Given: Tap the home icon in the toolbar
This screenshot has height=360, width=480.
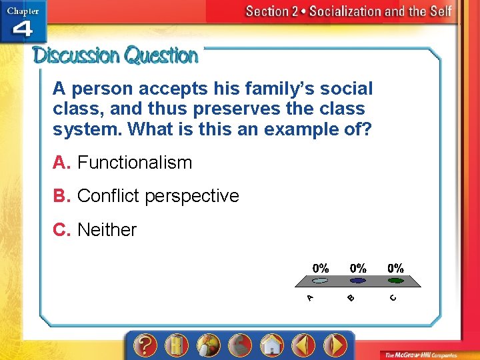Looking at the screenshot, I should tap(272, 345).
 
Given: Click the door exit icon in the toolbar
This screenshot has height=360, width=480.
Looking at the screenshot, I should tap(176, 345).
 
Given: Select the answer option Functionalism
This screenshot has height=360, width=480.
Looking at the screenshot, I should tap(134, 163).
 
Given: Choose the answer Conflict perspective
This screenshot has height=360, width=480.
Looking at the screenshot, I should tap(157, 196).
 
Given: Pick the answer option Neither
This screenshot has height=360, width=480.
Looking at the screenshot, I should tap(107, 230).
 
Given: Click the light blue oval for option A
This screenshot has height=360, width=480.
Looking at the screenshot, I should tap(321, 281).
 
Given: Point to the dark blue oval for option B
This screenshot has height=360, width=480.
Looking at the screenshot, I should tap(359, 281).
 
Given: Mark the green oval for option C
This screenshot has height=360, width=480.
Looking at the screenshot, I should tap(396, 281).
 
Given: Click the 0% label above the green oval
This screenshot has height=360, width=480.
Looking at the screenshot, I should tap(396, 268).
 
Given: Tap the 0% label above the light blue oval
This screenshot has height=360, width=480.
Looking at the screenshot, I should tap(321, 268).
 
